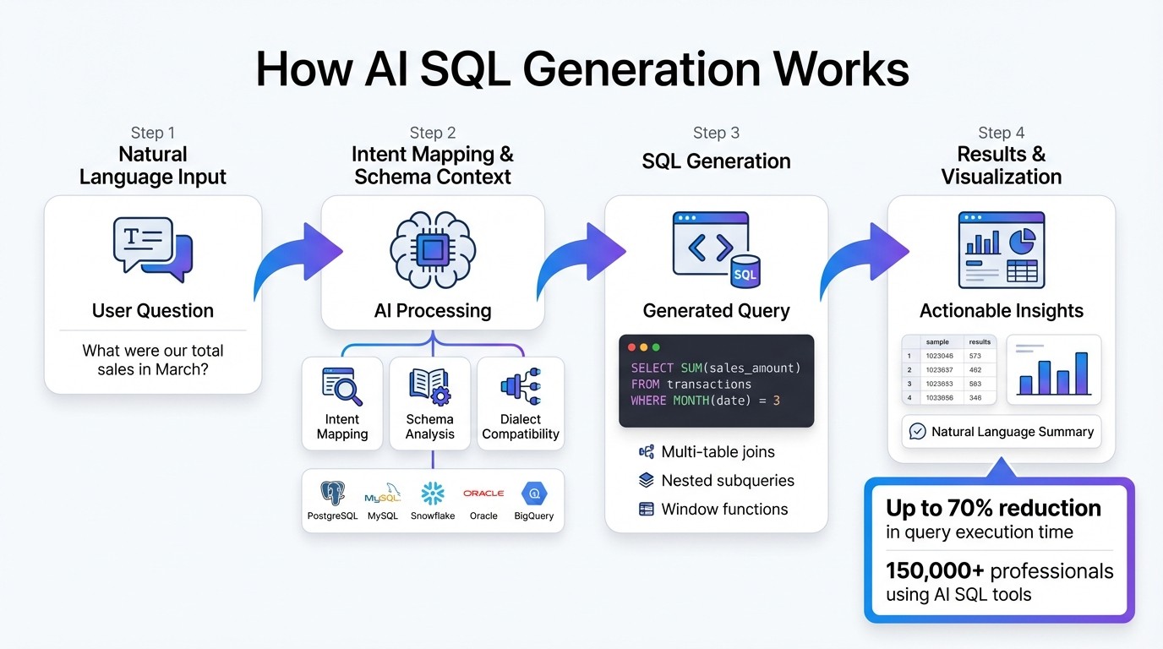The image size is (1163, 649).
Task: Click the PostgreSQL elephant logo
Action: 332,494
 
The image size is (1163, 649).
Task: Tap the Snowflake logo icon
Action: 433,494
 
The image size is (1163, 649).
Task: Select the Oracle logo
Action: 483,494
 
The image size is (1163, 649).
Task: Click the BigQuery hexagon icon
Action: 534,494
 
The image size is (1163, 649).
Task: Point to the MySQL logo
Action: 383,494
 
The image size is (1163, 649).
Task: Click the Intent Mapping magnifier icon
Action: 342,387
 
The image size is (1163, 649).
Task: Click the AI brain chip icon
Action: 433,250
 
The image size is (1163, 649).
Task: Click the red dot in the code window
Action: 631,347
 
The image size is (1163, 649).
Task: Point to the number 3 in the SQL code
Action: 776,400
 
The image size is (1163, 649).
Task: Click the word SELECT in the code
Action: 652,368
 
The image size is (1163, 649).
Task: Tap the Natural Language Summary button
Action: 1002,432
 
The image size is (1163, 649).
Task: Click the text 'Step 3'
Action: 716,133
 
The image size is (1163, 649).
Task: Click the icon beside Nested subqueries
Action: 647,481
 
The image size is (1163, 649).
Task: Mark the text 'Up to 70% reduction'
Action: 993,508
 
